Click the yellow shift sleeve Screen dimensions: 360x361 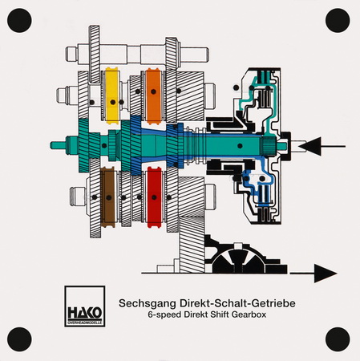pos(112,95)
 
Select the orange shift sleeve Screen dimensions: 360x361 pos(153,96)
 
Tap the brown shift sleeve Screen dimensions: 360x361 pos(108,197)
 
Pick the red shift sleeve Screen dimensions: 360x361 pos(154,197)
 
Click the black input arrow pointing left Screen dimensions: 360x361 pos(322,146)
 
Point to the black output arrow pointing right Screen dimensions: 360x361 pos(313,274)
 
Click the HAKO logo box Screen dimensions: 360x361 pos(85,306)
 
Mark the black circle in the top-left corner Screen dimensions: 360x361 pos(19,20)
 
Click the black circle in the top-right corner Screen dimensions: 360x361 pos(338,20)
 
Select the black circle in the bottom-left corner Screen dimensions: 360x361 pos(19,339)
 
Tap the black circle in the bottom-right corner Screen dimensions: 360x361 pos(338,339)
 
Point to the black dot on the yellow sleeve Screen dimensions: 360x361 pos(113,102)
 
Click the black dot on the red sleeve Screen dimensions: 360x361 pos(154,197)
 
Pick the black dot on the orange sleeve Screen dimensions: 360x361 pos(153,91)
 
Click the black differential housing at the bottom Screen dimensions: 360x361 pos(245,258)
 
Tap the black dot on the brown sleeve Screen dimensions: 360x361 pos(108,197)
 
